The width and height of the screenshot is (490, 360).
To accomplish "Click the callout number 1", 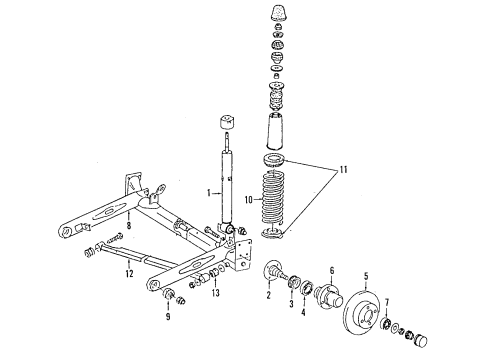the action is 209,193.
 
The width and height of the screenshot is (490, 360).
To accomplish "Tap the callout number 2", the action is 269,295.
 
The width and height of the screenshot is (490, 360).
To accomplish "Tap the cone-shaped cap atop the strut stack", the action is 278,14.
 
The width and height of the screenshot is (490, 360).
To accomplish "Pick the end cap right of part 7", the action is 421,341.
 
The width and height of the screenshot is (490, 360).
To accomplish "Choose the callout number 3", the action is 291,304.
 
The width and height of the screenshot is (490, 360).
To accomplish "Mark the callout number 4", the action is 303,312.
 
